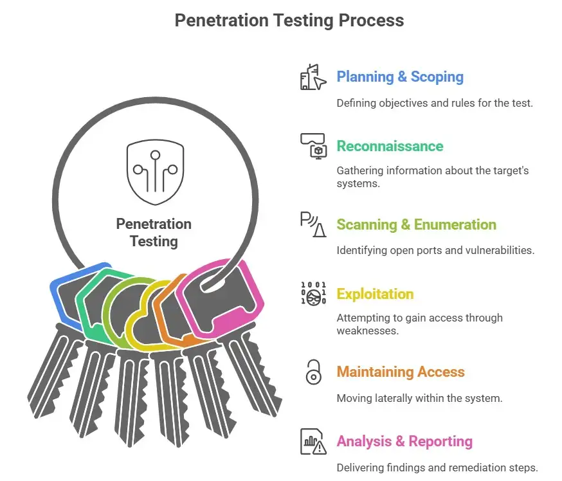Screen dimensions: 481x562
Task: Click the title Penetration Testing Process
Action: point(289,21)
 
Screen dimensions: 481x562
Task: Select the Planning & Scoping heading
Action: point(400,77)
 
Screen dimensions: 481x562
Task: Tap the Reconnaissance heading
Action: point(390,146)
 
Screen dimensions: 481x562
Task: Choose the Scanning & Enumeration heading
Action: point(416,224)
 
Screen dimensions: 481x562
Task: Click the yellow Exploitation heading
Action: point(375,294)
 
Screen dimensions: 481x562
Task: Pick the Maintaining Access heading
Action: point(400,372)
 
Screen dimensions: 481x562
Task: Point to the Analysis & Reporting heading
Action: point(404,441)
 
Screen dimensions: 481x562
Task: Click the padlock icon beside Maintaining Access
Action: point(313,372)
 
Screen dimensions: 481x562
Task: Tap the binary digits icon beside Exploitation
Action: point(313,293)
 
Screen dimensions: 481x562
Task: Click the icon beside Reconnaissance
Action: point(313,145)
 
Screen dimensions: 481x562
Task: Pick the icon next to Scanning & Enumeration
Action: point(313,224)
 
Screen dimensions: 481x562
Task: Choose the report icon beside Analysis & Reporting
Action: point(313,442)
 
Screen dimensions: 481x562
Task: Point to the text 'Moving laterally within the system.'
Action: point(419,398)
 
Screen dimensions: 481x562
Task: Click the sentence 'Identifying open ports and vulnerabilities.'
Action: point(435,250)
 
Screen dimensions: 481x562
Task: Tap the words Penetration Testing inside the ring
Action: point(154,233)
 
